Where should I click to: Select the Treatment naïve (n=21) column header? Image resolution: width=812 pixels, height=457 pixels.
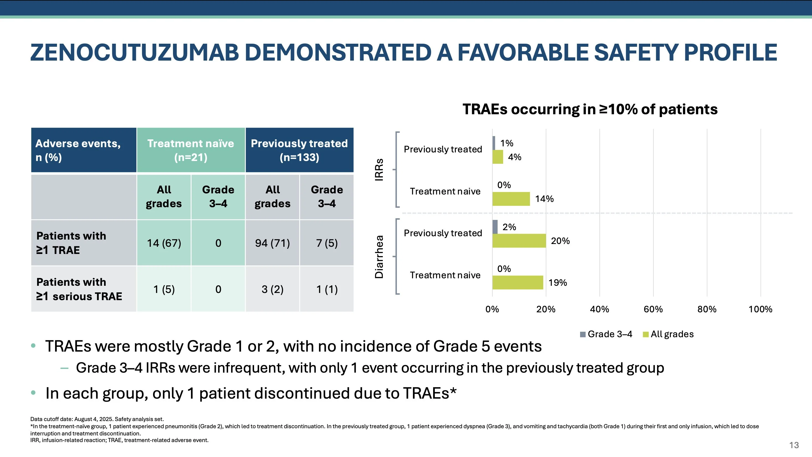191,150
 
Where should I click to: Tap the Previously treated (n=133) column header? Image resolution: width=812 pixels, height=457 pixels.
299,150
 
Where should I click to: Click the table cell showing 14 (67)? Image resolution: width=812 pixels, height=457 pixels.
164,243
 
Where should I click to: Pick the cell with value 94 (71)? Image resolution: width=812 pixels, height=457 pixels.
272,243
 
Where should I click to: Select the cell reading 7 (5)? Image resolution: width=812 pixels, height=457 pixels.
327,243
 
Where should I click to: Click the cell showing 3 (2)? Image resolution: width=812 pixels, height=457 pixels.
272,289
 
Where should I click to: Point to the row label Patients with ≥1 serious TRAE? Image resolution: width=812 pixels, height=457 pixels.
79,289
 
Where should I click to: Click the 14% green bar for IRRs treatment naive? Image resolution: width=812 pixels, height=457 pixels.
511,199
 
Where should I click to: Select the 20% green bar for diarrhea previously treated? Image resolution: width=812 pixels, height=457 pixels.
519,241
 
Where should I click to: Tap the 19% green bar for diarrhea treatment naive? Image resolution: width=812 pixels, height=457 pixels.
518,282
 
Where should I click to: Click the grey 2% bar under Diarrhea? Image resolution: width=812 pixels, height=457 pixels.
495,227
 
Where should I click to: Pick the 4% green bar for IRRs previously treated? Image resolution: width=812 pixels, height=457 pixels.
498,157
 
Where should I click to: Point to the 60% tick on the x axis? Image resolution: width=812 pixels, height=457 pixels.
653,309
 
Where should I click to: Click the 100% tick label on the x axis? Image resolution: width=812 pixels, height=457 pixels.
760,309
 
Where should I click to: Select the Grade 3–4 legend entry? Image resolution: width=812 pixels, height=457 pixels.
606,334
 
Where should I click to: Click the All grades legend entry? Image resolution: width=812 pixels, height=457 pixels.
668,334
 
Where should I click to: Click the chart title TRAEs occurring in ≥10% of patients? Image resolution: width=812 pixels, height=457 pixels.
590,109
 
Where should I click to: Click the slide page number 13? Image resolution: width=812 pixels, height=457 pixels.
794,445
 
